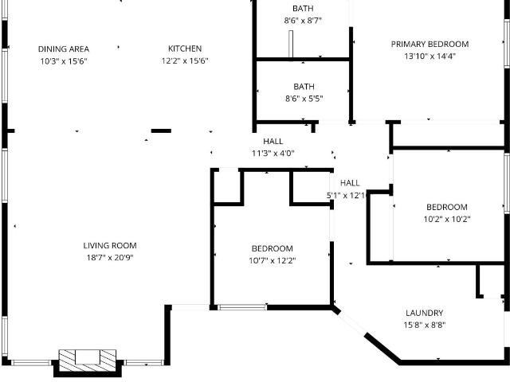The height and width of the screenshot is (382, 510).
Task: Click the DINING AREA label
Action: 64,49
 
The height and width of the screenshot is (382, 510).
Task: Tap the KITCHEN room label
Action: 185,49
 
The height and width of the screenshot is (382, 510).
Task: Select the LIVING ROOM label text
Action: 110,246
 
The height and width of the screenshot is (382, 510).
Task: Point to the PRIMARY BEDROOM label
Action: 430,45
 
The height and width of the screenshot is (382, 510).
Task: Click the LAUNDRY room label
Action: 424,313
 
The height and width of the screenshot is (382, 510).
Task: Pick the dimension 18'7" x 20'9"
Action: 110,258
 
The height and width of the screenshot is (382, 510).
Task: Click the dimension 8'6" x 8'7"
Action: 303,21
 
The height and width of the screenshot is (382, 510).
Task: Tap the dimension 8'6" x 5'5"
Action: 304,99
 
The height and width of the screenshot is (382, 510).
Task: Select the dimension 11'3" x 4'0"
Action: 273,153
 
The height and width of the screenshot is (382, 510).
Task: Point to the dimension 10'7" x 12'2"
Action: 273,260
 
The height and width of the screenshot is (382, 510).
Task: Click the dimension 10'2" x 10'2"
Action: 447,220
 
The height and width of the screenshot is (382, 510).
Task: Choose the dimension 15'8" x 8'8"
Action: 425,325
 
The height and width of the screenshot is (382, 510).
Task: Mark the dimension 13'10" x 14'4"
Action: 430,57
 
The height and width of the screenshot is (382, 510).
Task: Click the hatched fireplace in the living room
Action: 88,361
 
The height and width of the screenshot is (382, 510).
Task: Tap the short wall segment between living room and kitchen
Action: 161,131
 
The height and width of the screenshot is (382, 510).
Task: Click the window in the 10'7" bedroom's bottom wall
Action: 242,307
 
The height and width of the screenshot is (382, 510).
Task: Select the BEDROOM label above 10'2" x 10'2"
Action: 447,207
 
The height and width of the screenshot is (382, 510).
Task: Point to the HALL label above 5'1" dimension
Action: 350,183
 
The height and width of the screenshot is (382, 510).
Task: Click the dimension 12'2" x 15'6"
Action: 185,60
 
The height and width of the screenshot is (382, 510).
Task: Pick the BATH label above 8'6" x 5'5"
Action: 304,87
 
